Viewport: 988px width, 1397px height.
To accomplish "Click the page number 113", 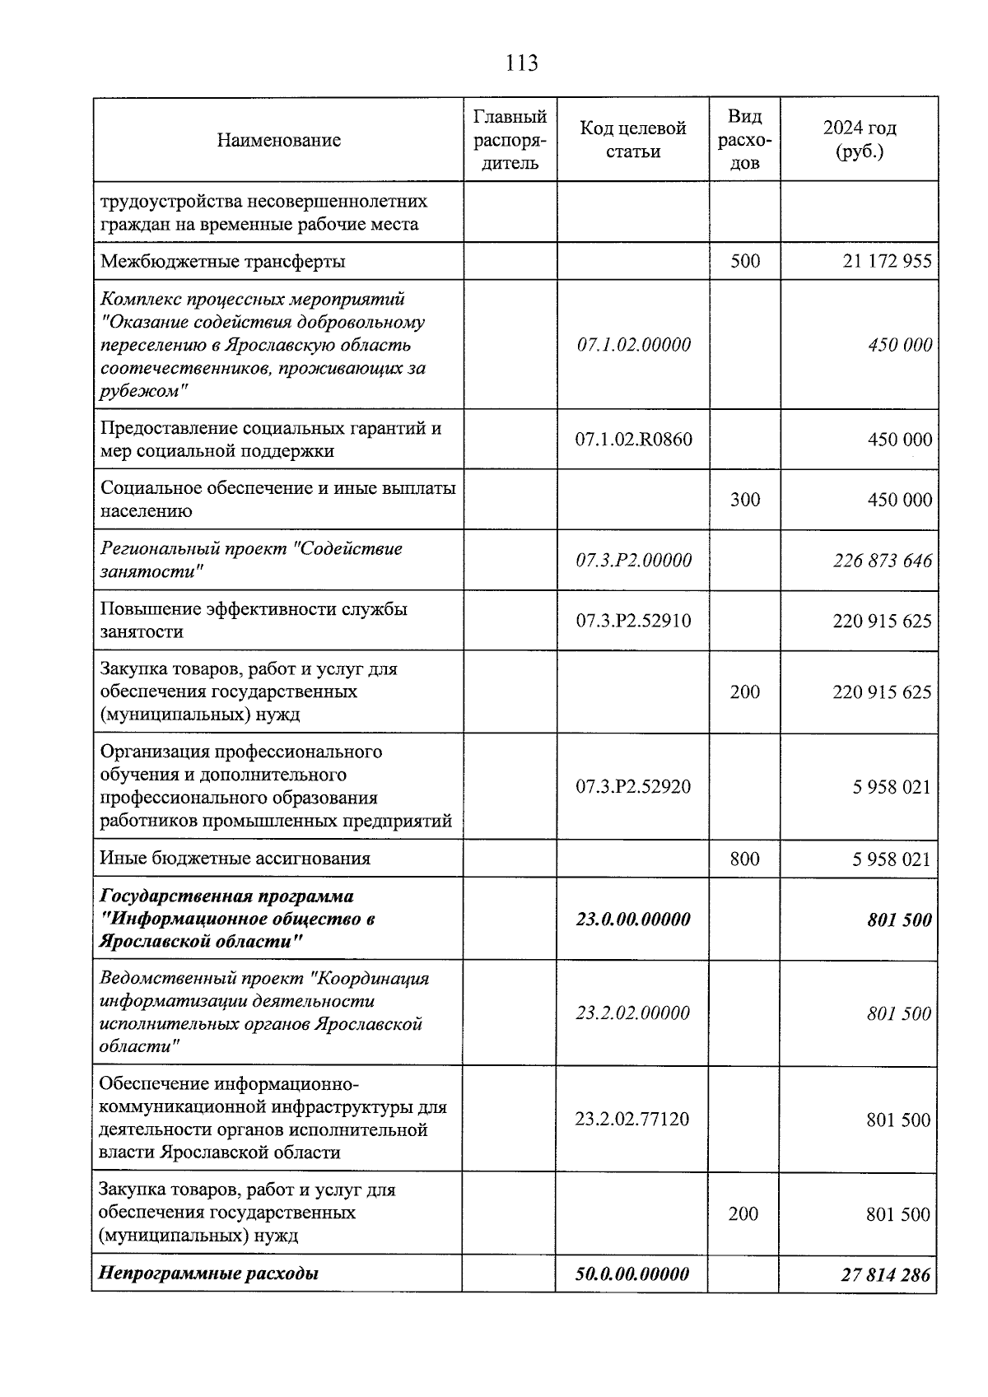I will tap(522, 63).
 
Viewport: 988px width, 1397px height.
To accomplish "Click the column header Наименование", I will tap(278, 140).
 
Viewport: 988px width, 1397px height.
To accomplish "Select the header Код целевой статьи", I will tap(632, 140).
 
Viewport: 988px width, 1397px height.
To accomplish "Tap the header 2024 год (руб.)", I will tap(859, 140).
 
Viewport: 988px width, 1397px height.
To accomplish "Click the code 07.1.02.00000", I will tap(633, 345).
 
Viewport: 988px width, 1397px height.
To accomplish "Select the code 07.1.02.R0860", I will tap(633, 440).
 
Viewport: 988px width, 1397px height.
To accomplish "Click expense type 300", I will tap(744, 500).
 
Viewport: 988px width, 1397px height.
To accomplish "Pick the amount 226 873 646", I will tap(882, 561).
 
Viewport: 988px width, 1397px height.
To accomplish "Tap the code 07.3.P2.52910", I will tap(633, 621).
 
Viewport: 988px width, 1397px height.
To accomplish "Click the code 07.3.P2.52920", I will tap(633, 787).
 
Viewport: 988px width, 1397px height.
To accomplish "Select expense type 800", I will tap(744, 859).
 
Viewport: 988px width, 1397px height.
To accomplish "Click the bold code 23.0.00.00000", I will tap(632, 920).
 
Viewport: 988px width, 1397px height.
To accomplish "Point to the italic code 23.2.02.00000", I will tap(632, 1013).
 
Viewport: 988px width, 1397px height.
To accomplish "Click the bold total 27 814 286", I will tap(885, 1274).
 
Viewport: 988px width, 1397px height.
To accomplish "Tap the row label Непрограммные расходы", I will tap(208, 1274).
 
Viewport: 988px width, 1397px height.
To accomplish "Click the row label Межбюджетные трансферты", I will tap(222, 262).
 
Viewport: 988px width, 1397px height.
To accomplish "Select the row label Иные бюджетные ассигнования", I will tap(235, 859).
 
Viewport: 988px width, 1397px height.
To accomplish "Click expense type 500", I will tap(744, 262).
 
